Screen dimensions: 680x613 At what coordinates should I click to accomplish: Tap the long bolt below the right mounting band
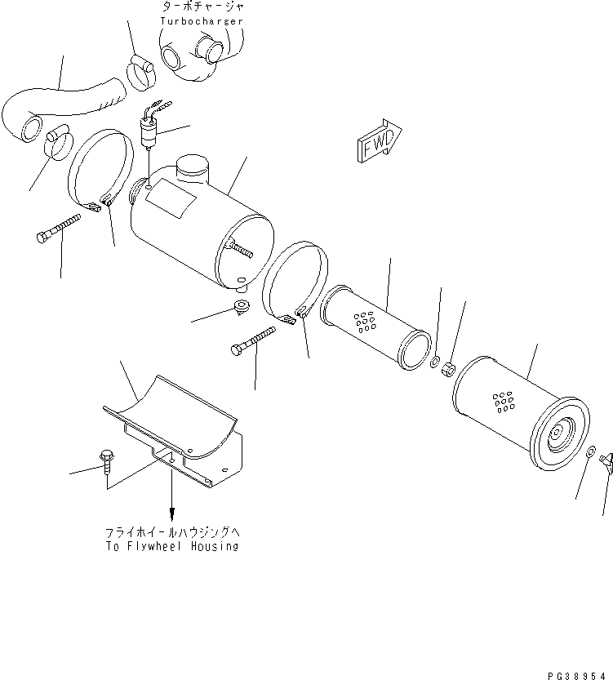click(255, 342)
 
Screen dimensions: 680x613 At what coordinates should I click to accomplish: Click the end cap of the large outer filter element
click(558, 433)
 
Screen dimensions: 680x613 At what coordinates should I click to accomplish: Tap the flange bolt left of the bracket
click(106, 461)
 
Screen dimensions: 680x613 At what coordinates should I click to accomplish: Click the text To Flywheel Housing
click(171, 546)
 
